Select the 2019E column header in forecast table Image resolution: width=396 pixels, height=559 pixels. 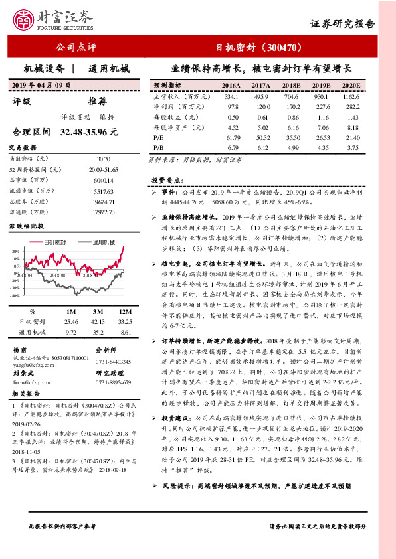click(321, 86)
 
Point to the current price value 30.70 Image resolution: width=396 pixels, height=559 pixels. click(103, 159)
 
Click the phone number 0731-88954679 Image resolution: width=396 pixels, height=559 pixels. click(112, 383)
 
